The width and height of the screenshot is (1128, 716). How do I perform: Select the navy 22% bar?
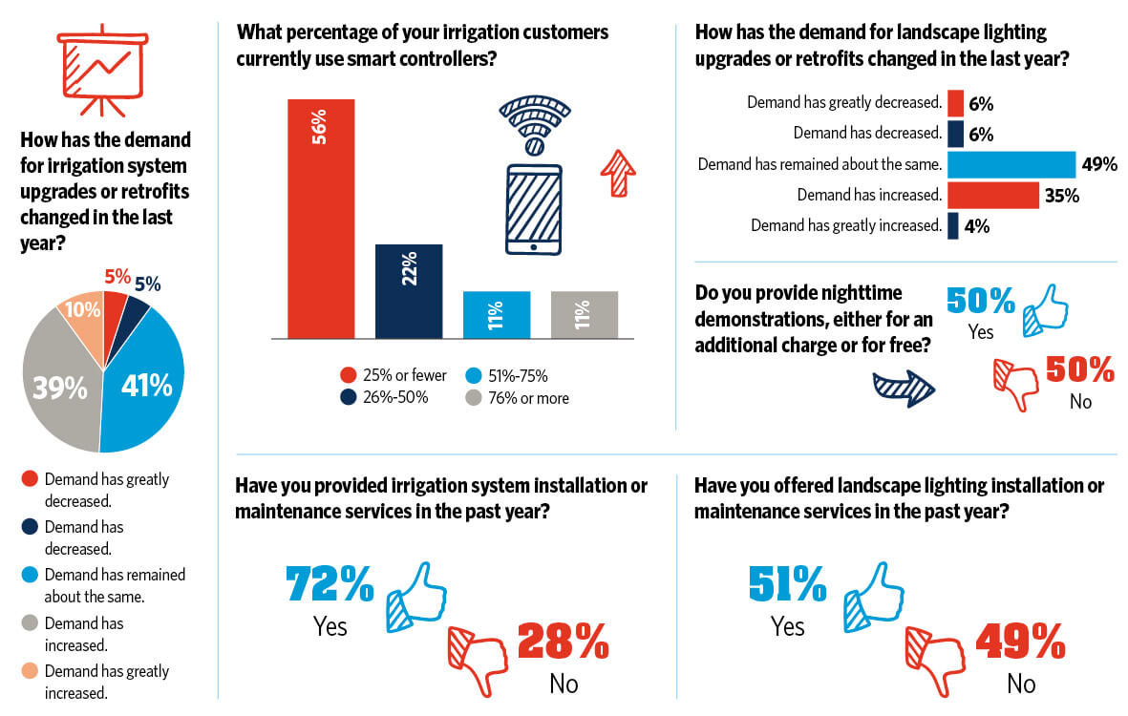409,291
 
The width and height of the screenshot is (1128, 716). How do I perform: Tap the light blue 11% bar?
497,314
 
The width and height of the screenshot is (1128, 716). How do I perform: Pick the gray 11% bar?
585,314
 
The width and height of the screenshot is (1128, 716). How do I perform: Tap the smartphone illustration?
534,209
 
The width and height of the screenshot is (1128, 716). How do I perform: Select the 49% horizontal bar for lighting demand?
1011,164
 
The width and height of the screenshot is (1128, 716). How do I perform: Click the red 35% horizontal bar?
992,195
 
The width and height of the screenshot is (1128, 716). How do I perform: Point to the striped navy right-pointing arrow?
903,387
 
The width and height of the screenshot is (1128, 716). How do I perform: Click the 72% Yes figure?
330,584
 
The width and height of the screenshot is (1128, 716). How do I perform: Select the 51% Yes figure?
787,584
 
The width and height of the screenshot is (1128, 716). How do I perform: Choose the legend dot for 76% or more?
472,397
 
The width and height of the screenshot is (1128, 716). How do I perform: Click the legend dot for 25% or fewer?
348,376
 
